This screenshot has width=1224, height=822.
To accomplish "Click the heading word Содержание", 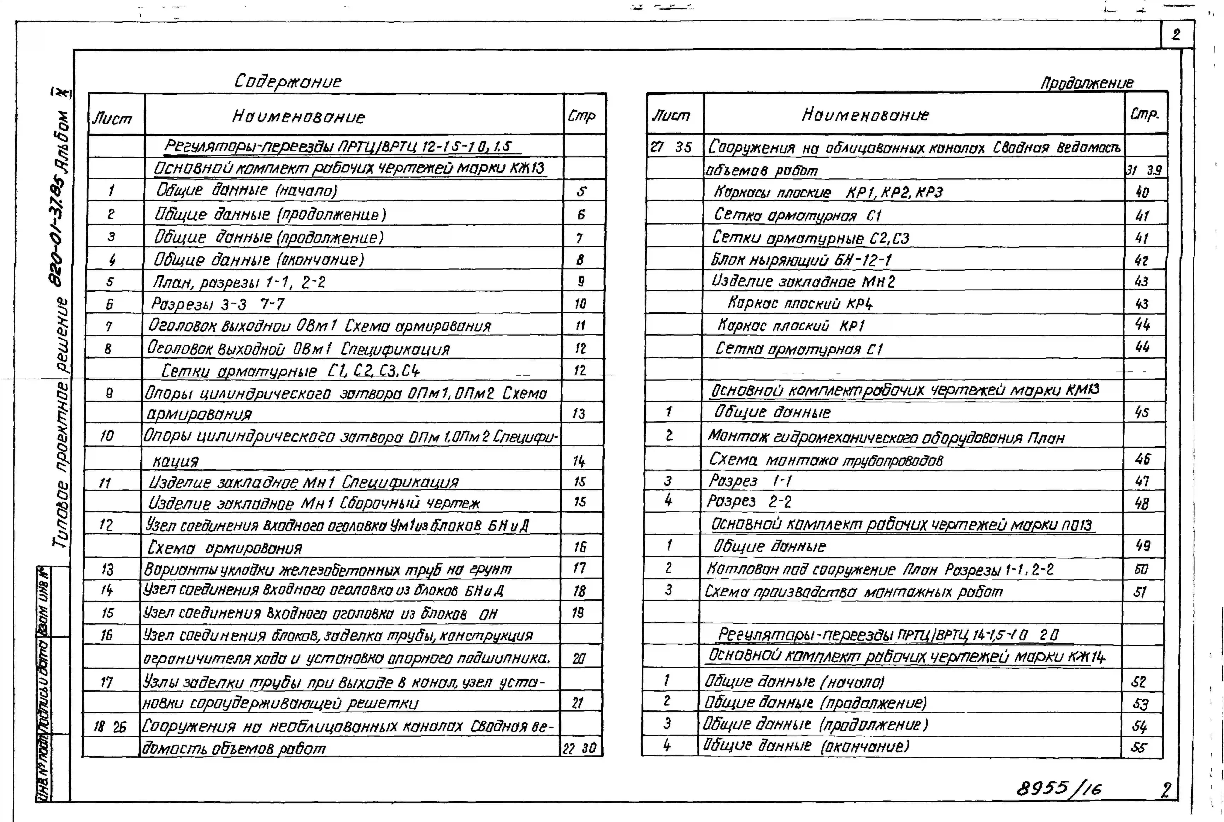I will click(287, 81).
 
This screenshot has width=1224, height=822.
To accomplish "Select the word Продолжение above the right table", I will click(1087, 83).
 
